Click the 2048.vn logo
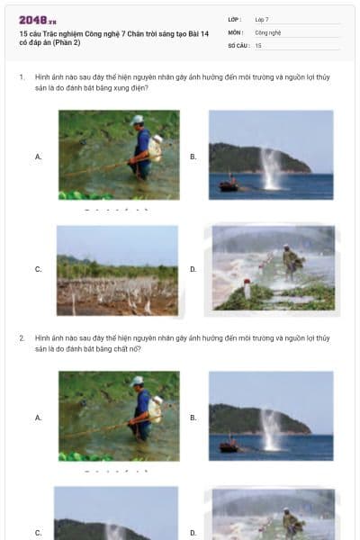tap(37, 20)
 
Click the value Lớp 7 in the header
tap(262, 19)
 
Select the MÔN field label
tap(236, 31)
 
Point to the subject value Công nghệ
tap(268, 31)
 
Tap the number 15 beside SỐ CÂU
tap(258, 45)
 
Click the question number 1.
tap(22, 77)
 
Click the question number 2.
tap(22, 337)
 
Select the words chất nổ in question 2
tap(127, 348)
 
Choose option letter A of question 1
tap(38, 157)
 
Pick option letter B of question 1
tap(193, 157)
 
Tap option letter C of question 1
tap(38, 269)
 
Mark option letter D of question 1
tap(193, 269)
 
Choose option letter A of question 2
tap(38, 418)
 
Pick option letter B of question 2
tap(193, 418)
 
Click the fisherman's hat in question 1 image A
tap(137, 120)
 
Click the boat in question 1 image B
tap(229, 184)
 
